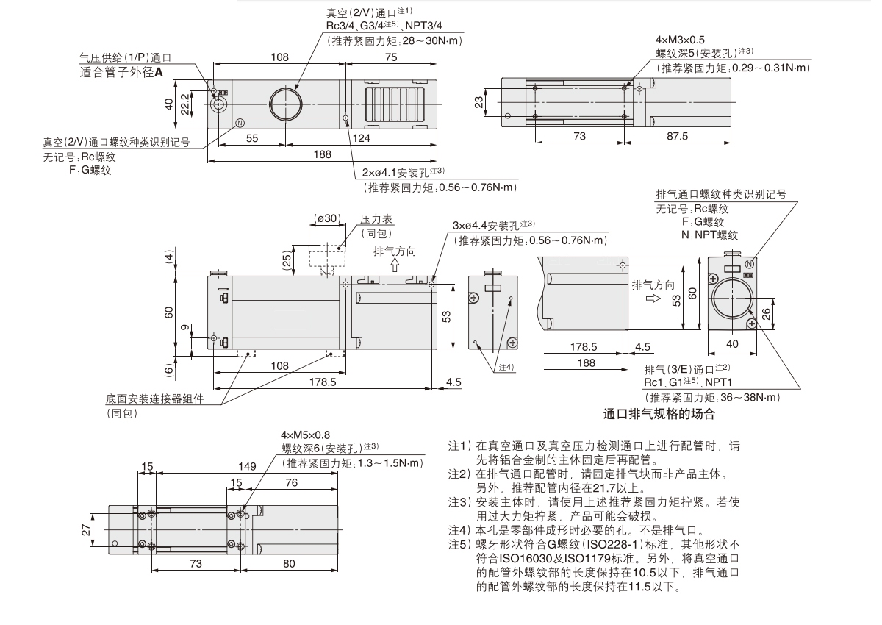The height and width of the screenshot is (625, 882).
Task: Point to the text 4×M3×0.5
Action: point(681,40)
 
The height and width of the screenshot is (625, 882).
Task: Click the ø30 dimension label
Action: point(326,218)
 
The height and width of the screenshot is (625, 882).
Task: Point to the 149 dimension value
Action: point(247,465)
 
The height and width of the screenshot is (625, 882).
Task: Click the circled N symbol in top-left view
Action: point(239,123)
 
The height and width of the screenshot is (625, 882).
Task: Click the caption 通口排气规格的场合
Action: point(658,414)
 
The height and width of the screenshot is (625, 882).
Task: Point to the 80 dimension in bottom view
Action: point(289,564)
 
